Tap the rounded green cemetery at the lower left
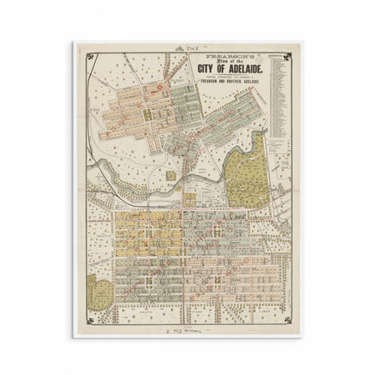pyautogui.click(x=99, y=292)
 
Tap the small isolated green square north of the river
pyautogui.click(x=172, y=176)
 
